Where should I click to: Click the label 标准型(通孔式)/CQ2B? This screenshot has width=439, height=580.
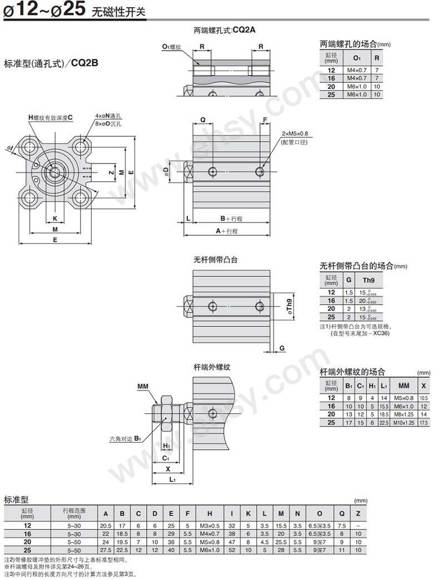click(x=51, y=63)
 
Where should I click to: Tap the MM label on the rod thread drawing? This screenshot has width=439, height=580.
click(x=143, y=385)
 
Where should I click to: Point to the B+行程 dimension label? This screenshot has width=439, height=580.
click(x=231, y=219)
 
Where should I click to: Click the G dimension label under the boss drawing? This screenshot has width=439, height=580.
click(x=282, y=348)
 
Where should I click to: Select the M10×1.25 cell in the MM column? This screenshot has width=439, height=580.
click(x=404, y=423)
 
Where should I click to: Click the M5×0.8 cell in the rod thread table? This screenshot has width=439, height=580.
click(x=404, y=398)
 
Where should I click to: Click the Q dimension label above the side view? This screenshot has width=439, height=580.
click(x=203, y=120)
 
